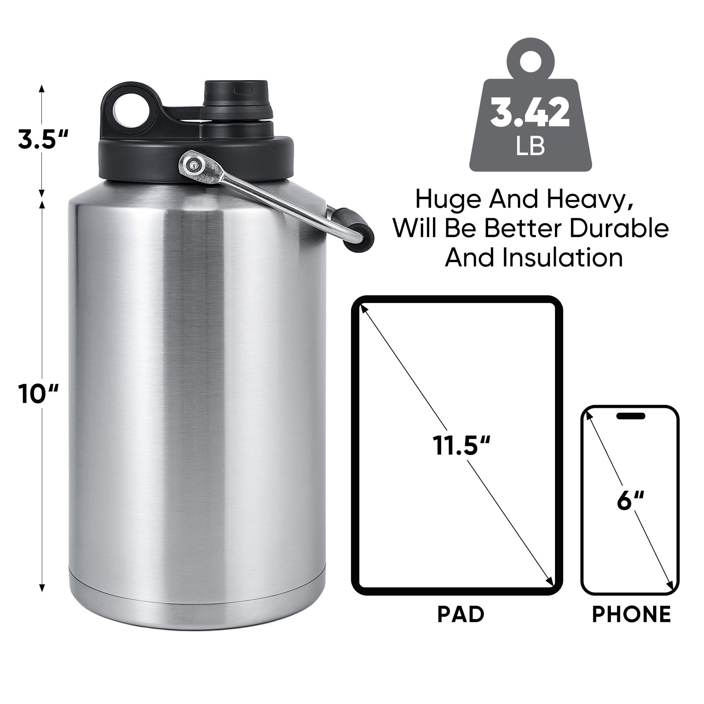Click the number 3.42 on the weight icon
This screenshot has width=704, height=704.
point(530,113)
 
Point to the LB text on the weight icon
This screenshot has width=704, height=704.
point(530,146)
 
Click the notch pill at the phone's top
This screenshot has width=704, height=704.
point(630,415)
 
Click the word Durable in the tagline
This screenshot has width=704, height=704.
point(619,228)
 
